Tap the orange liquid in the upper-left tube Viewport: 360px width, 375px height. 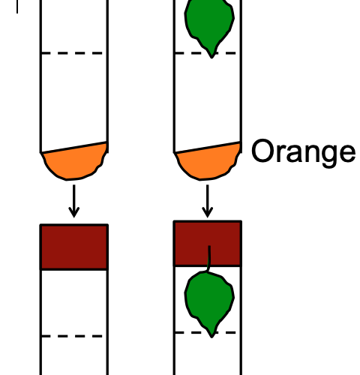74,163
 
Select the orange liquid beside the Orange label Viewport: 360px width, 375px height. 208,163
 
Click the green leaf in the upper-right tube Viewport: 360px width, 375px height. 209,24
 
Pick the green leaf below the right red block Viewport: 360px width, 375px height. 209,300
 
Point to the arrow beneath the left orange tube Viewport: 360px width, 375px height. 74,201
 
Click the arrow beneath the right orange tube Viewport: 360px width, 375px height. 208,201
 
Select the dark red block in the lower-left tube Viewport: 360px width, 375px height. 74,247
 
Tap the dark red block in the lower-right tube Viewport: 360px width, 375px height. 208,243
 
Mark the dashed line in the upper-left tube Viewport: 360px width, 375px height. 72,53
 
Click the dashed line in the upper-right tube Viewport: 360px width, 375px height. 205,53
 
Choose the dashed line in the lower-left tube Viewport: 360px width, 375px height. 72,336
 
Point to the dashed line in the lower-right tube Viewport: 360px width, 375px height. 205,332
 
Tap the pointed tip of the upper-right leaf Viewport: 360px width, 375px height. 211,58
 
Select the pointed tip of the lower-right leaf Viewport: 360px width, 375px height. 211,337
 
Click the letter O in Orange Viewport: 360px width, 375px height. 262,151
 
